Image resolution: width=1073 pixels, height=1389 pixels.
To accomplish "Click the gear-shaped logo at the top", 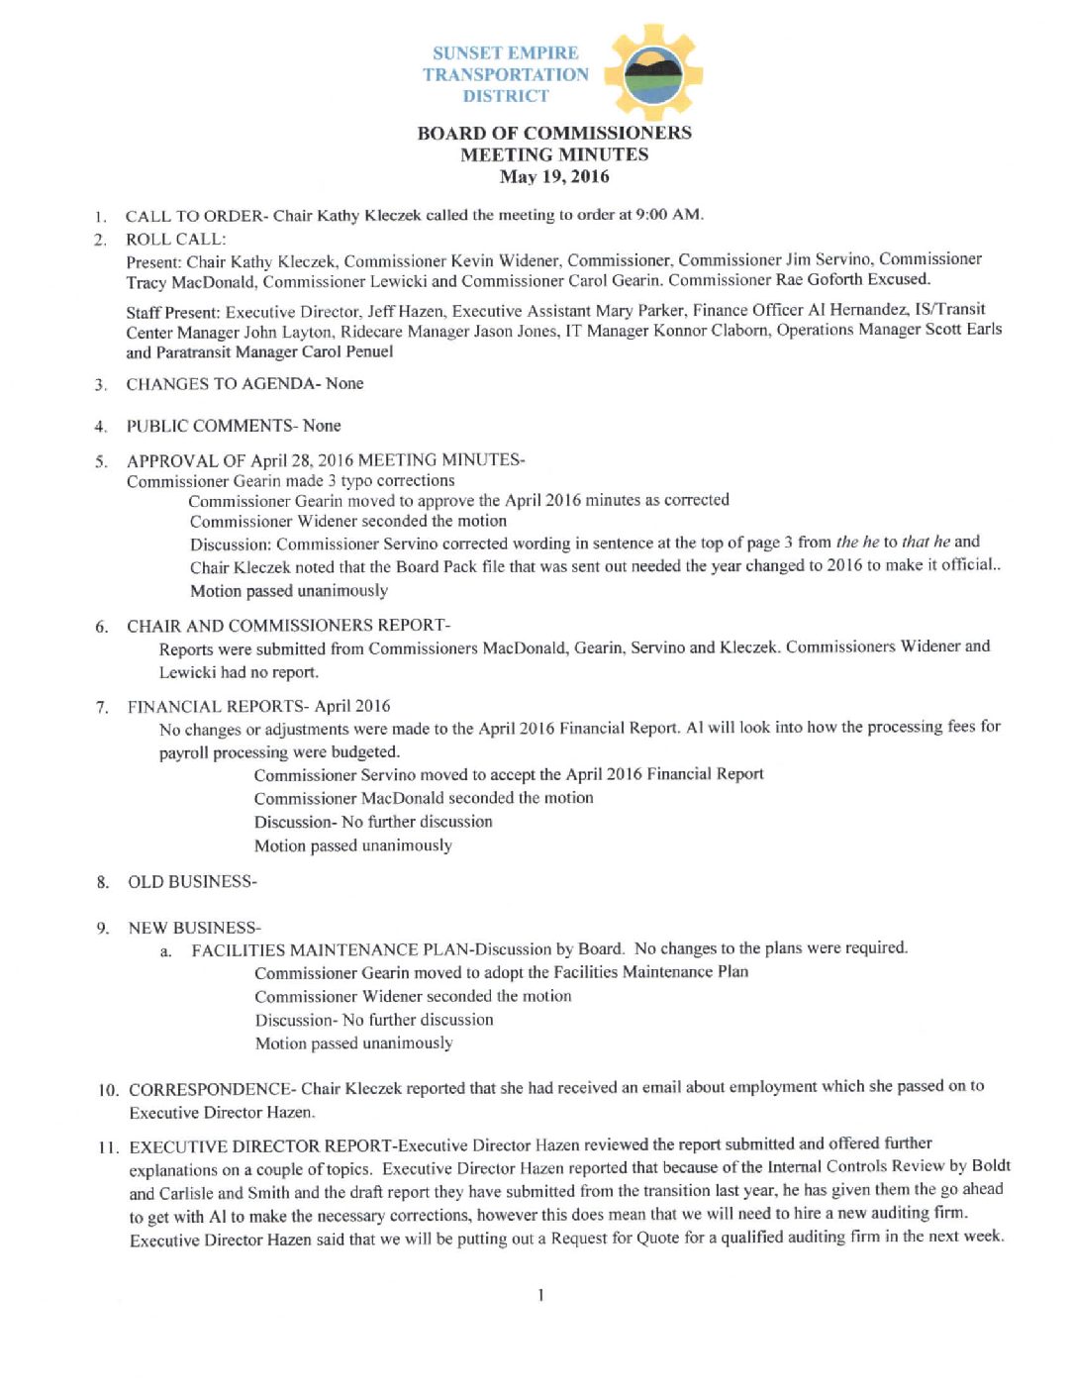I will [x=652, y=73].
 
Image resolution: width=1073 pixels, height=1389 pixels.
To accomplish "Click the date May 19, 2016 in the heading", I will [x=554, y=177].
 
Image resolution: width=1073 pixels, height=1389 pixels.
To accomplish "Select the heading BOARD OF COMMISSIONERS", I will [x=554, y=133].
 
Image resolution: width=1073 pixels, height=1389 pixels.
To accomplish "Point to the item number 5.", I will [x=101, y=461].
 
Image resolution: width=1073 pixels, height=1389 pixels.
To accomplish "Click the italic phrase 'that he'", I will [x=926, y=542].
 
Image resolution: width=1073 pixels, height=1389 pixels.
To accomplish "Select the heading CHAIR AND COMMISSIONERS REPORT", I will [x=286, y=626].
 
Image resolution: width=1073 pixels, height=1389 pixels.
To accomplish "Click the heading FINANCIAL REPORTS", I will [x=216, y=707].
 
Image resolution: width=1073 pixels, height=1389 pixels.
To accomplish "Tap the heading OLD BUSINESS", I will [x=190, y=882].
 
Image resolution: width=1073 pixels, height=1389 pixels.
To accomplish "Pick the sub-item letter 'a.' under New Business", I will [x=166, y=951].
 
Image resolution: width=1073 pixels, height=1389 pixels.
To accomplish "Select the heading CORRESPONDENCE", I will [x=211, y=1089].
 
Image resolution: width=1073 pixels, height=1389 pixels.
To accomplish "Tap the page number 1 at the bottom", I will [x=540, y=1295].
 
